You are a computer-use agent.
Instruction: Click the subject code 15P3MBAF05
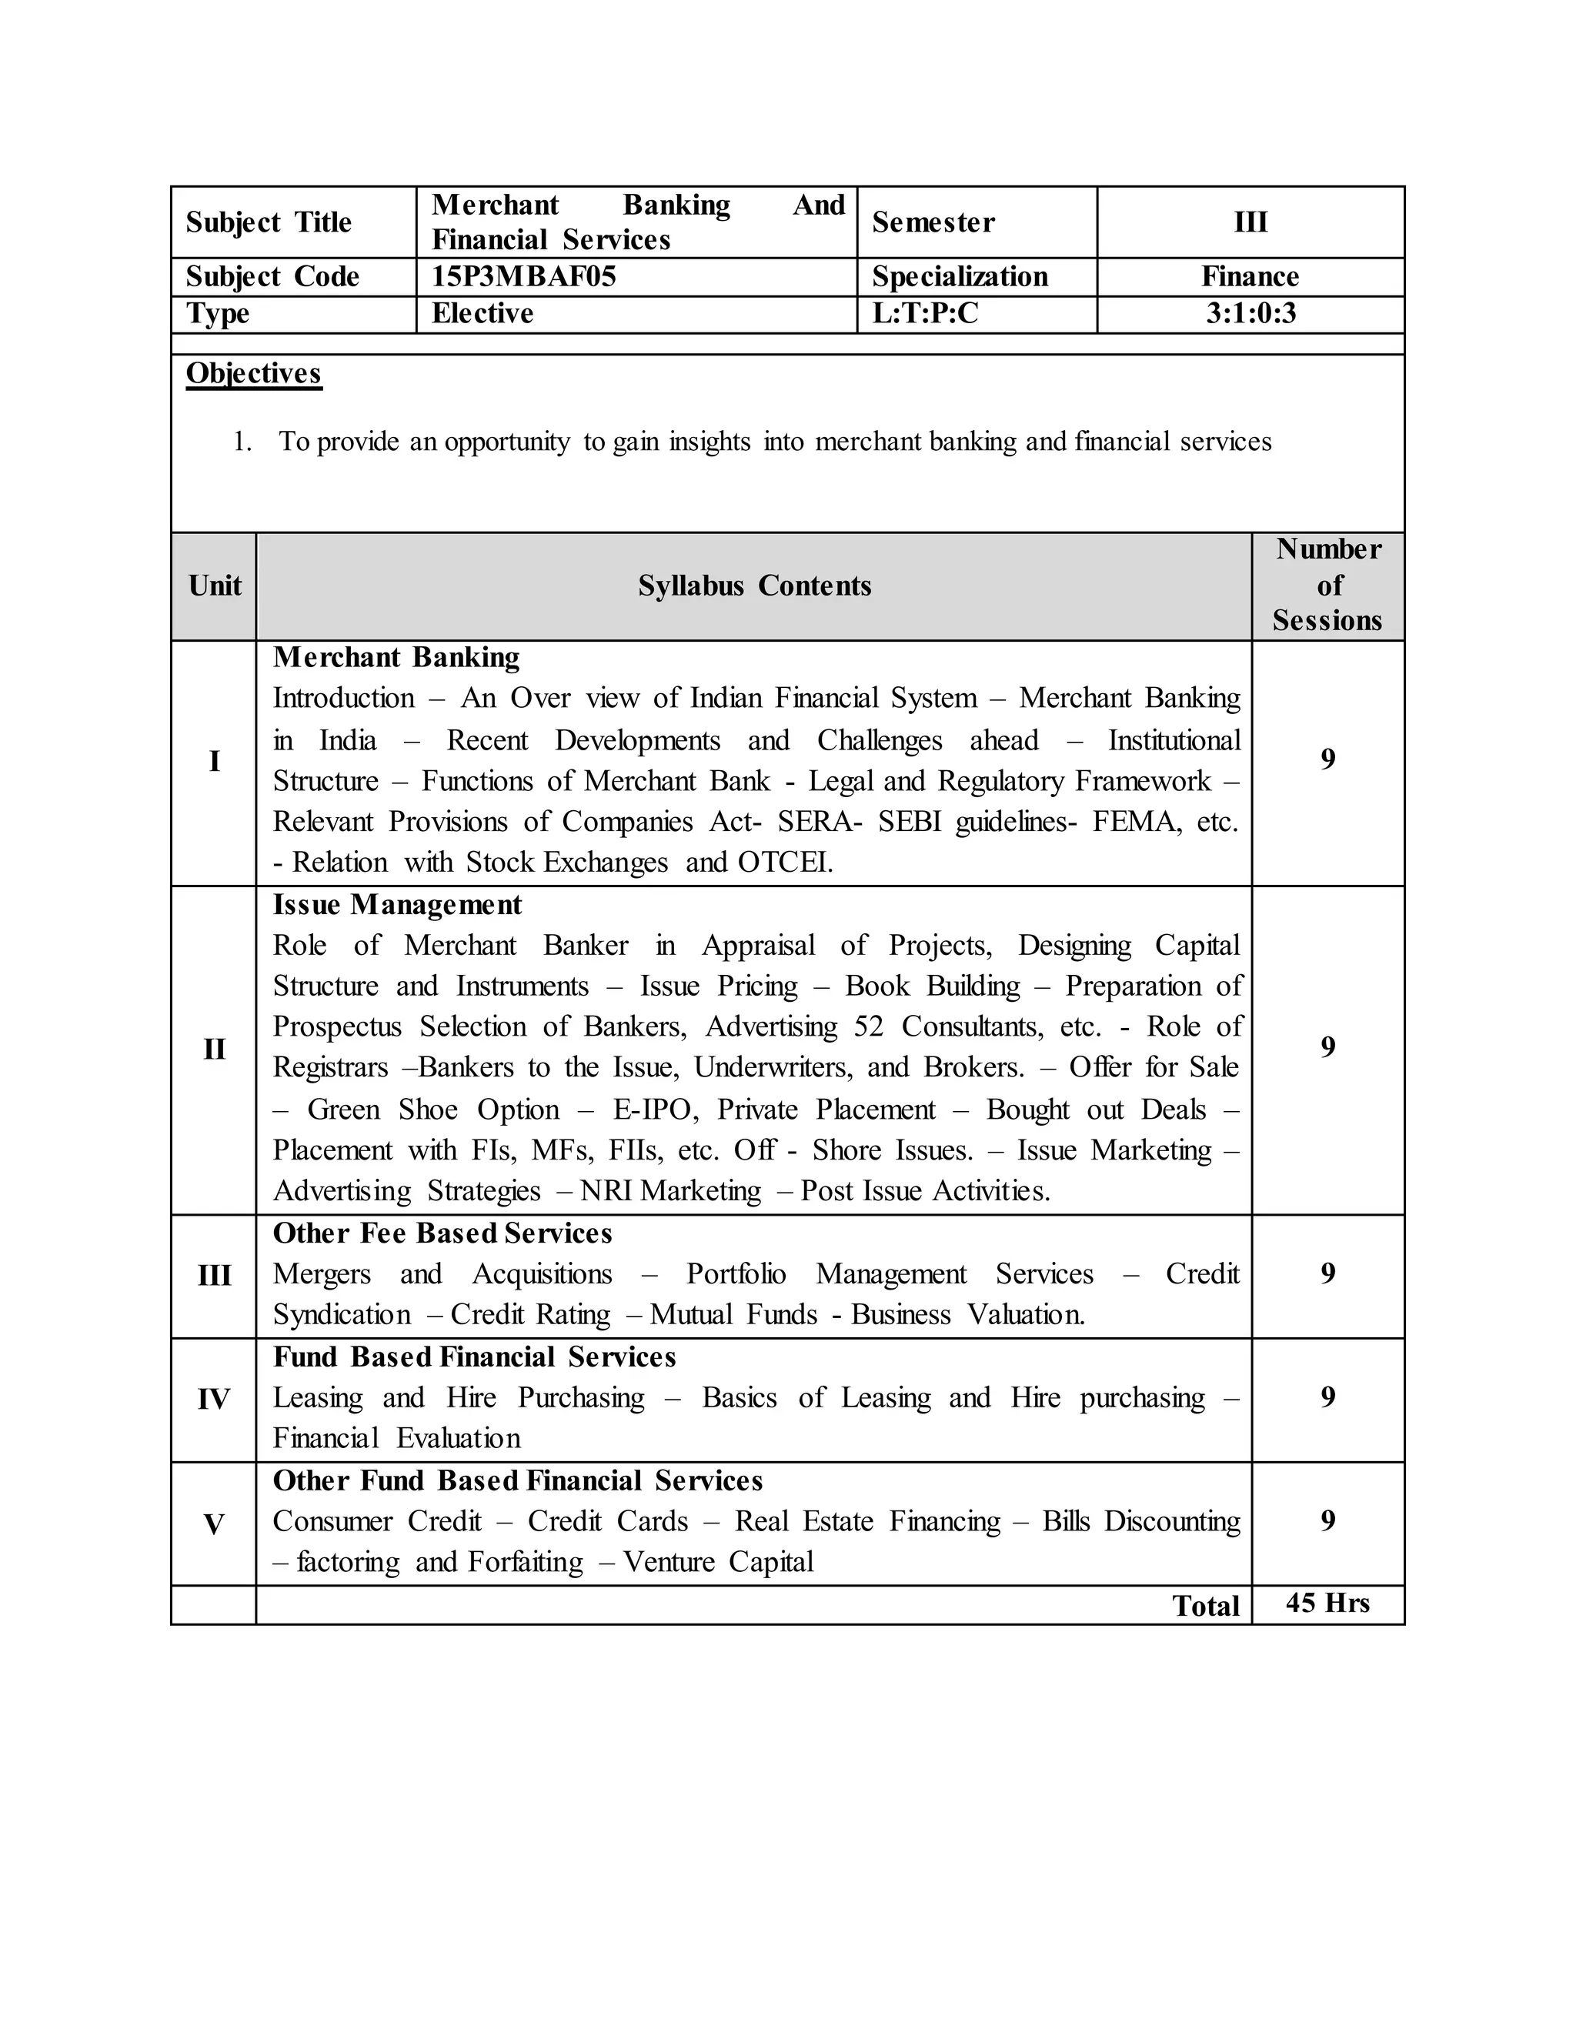[x=524, y=276]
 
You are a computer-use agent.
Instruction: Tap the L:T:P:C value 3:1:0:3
[x=1250, y=314]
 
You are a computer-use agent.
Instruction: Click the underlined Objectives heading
[x=254, y=373]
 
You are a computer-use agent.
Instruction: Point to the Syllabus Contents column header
[x=754, y=586]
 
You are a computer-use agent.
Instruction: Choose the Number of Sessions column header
[x=1327, y=586]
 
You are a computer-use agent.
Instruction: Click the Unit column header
[x=215, y=586]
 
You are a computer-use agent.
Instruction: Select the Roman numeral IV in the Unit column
[x=214, y=1399]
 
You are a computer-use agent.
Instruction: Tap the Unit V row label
[x=214, y=1524]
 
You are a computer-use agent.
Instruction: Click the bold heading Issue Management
[x=397, y=905]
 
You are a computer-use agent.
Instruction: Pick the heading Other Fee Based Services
[x=442, y=1233]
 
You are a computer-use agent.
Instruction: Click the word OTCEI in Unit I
[x=784, y=862]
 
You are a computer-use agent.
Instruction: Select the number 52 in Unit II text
[x=868, y=1027]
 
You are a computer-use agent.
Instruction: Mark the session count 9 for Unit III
[x=1327, y=1273]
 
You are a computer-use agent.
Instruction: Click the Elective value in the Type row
[x=482, y=314]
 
